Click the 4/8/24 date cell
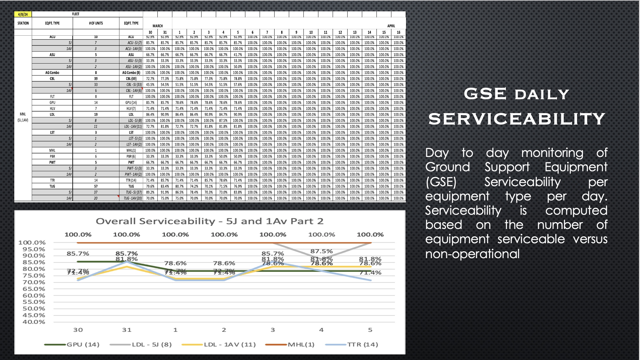pyautogui.click(x=23, y=14)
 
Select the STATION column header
pyautogui.click(x=23, y=23)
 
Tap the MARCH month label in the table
pyautogui.click(x=158, y=26)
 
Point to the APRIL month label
pyautogui.click(x=391, y=26)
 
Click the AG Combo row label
pyautogui.click(x=52, y=73)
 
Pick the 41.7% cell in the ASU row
pyautogui.click(x=238, y=55)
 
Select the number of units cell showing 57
pyautogui.click(x=96, y=186)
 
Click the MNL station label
pyautogui.click(x=23, y=114)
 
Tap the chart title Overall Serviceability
pyautogui.click(x=210, y=222)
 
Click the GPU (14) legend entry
pyautogui.click(x=83, y=344)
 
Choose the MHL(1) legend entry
pyautogui.click(x=301, y=344)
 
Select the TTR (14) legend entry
pyautogui.click(x=363, y=344)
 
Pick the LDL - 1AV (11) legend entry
pyautogui.click(x=229, y=344)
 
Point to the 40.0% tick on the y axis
pyautogui.click(x=34, y=322)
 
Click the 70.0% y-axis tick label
pyautogui.click(x=34, y=282)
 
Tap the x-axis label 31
pyautogui.click(x=127, y=330)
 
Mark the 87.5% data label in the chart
pyautogui.click(x=321, y=251)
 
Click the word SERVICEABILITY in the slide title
pyautogui.click(x=517, y=119)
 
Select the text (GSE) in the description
pyautogui.click(x=441, y=182)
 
